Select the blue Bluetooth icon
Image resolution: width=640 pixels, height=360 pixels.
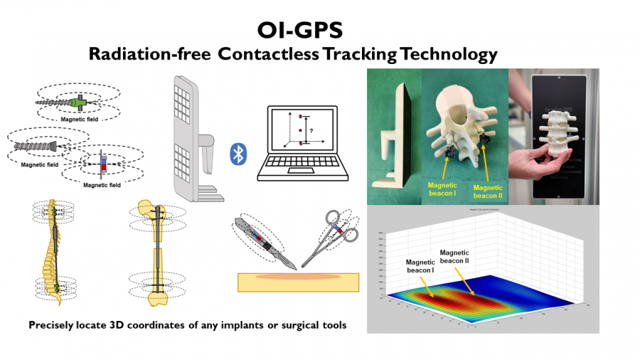coord(238,154)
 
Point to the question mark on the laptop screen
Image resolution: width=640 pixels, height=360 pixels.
coord(311,130)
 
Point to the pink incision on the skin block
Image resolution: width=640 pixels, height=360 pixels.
coord(297,275)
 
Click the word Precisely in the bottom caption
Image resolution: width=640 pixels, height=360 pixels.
coord(56,325)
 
